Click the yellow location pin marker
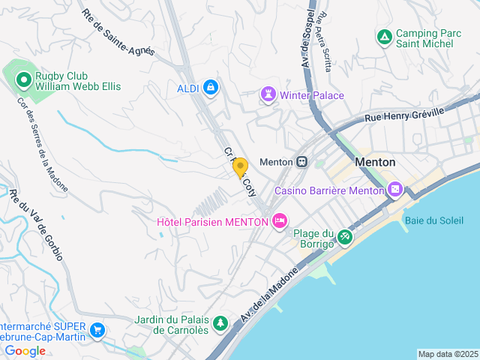pos(241,167)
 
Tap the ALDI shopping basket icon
pos(211,88)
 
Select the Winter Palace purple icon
pos(268,95)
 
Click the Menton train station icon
pos(301,162)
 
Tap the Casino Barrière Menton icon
pos(395,190)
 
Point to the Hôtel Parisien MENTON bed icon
pos(279,221)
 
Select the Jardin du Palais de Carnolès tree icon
pos(220,324)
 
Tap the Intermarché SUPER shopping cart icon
pos(97,329)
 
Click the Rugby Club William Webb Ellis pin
pos(24,79)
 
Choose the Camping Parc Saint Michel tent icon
pos(384,36)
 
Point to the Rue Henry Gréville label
pos(404,115)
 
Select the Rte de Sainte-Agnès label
pos(118,32)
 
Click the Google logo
pos(25,351)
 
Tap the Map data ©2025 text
pos(448,354)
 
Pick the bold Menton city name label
pos(375,162)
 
